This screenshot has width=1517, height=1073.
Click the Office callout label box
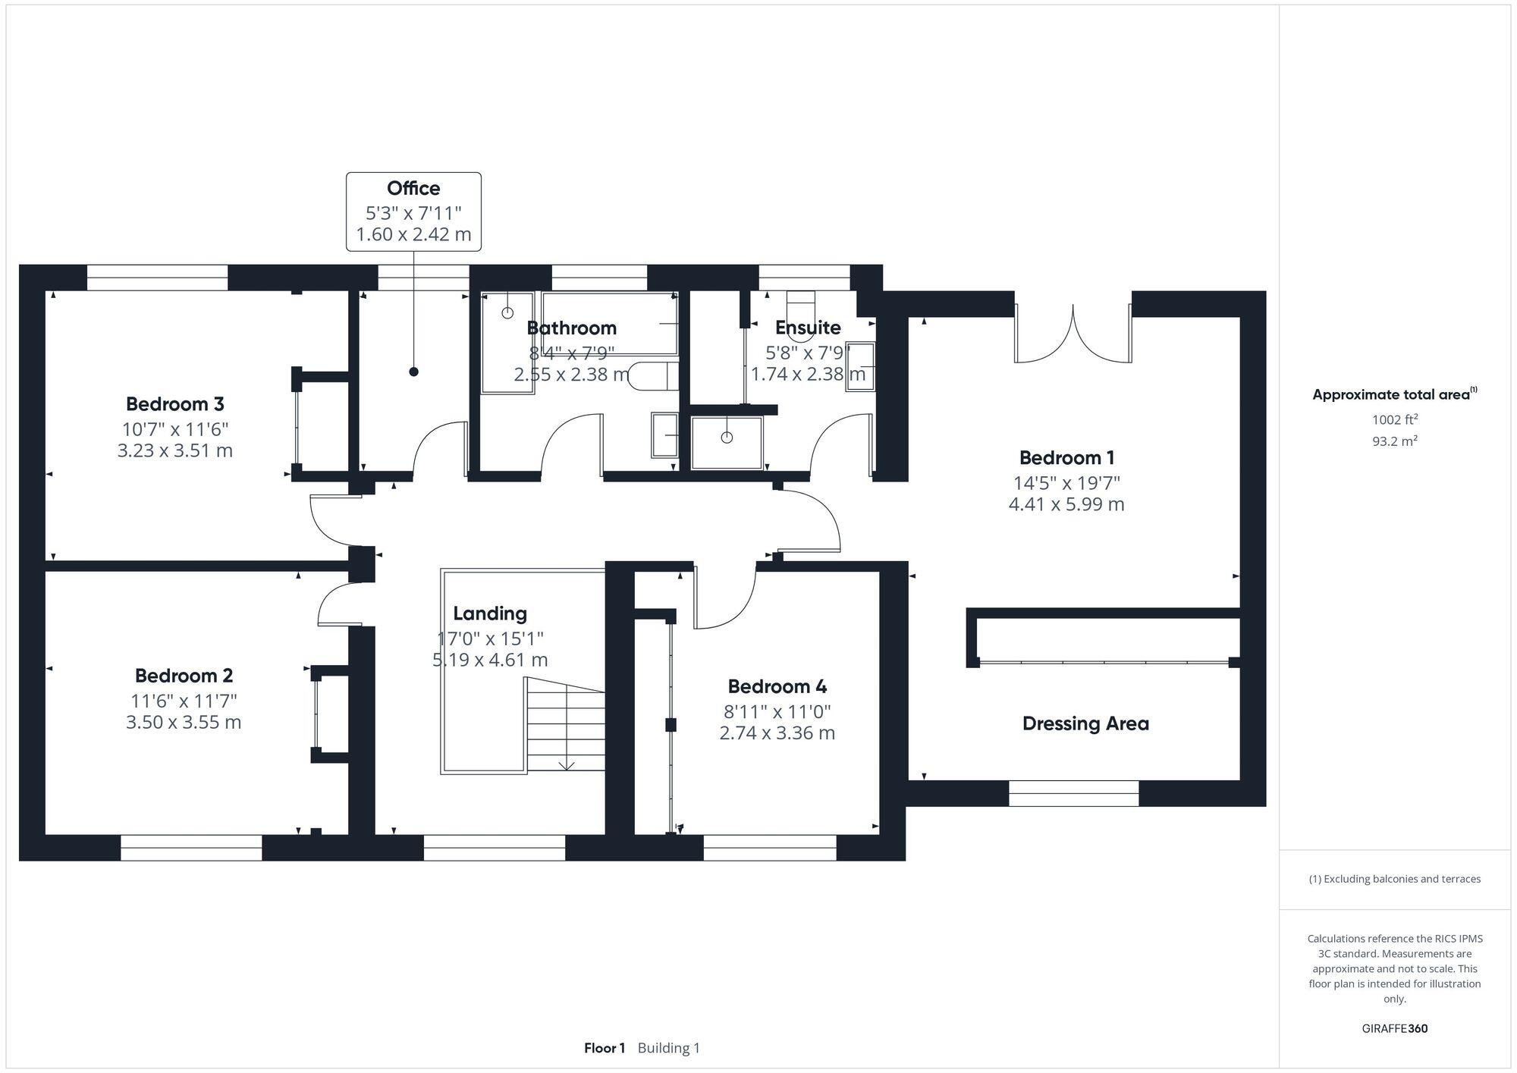tap(413, 212)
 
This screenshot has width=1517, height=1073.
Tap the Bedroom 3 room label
tap(174, 404)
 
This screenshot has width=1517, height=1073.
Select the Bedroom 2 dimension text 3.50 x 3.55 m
tap(184, 722)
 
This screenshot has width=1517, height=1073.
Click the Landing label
tap(490, 613)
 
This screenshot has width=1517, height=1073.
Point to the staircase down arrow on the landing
tap(567, 764)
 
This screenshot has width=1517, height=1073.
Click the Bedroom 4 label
tap(777, 686)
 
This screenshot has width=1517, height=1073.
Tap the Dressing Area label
tap(1085, 723)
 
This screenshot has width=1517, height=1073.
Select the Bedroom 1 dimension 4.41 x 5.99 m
tap(1066, 504)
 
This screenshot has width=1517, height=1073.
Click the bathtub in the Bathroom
tap(609, 324)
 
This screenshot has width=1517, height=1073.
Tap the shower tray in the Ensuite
tap(727, 442)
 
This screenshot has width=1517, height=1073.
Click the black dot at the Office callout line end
tap(413, 372)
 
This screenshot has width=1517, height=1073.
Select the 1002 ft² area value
tap(1394, 419)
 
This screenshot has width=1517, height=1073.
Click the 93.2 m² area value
tap(1394, 441)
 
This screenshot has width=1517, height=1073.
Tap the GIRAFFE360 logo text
tap(1394, 1029)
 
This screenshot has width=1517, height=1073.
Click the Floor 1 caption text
tap(605, 1048)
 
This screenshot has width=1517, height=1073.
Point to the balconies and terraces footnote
tap(1394, 879)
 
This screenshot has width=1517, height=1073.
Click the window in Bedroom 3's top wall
tap(157, 278)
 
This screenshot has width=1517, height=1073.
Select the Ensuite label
tap(808, 328)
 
